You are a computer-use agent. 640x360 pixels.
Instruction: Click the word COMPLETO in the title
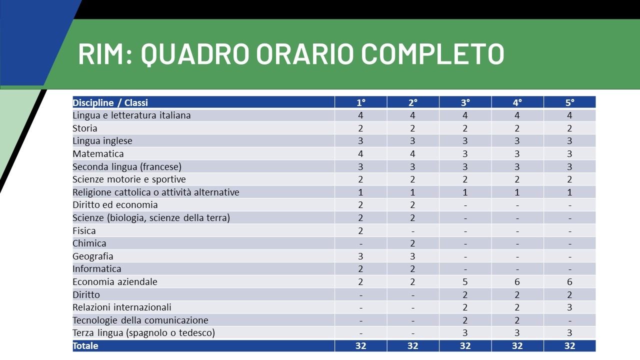coord(432,53)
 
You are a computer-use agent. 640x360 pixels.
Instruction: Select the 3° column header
coord(465,102)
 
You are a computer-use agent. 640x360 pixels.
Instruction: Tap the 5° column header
coord(569,102)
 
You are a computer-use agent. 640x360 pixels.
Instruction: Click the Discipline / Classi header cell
coord(110,102)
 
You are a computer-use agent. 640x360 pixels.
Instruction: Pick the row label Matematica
coord(98,153)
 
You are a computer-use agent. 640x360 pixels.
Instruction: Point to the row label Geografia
coord(93,256)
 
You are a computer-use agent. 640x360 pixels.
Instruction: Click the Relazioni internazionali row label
coord(121,307)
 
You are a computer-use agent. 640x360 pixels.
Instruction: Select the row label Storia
coord(85,128)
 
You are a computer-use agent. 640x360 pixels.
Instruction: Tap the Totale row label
coord(85,346)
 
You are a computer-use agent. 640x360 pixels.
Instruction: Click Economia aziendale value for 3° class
coord(465,281)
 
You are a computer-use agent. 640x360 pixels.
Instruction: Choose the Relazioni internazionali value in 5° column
coord(569,307)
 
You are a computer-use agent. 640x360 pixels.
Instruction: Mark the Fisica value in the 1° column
coord(360,230)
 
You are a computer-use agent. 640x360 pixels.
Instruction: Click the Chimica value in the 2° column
coord(412,243)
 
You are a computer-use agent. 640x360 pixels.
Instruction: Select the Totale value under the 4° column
coord(517,346)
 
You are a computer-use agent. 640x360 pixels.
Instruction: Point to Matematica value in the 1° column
coord(360,153)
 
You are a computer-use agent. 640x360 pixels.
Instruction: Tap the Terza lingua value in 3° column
coord(465,333)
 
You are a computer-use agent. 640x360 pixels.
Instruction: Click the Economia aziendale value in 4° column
coord(517,281)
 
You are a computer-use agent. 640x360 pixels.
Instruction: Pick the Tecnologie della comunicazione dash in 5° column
coord(569,321)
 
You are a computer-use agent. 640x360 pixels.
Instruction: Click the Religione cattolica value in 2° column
coord(412,192)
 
